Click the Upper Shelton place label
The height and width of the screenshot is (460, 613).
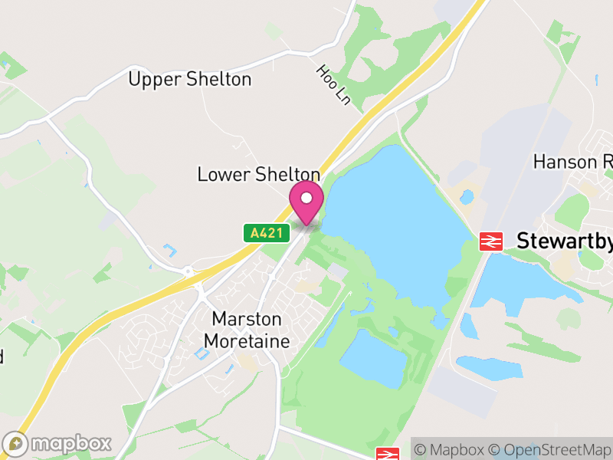click(x=189, y=79)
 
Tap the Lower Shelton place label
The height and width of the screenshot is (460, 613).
click(x=258, y=174)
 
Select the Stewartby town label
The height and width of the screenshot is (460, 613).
click(x=564, y=241)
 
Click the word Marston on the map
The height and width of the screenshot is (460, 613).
click(x=247, y=319)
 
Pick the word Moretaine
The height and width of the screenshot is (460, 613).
click(x=251, y=340)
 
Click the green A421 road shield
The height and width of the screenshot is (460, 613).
click(x=267, y=232)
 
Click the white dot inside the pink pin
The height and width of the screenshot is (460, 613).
click(x=306, y=199)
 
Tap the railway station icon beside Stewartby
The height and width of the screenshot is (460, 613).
click(x=490, y=241)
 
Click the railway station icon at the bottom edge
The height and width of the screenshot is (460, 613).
click(x=387, y=454)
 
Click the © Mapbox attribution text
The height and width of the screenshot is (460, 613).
click(x=455, y=449)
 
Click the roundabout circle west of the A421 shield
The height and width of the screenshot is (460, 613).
click(x=188, y=271)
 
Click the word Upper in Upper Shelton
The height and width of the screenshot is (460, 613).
click(x=155, y=79)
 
